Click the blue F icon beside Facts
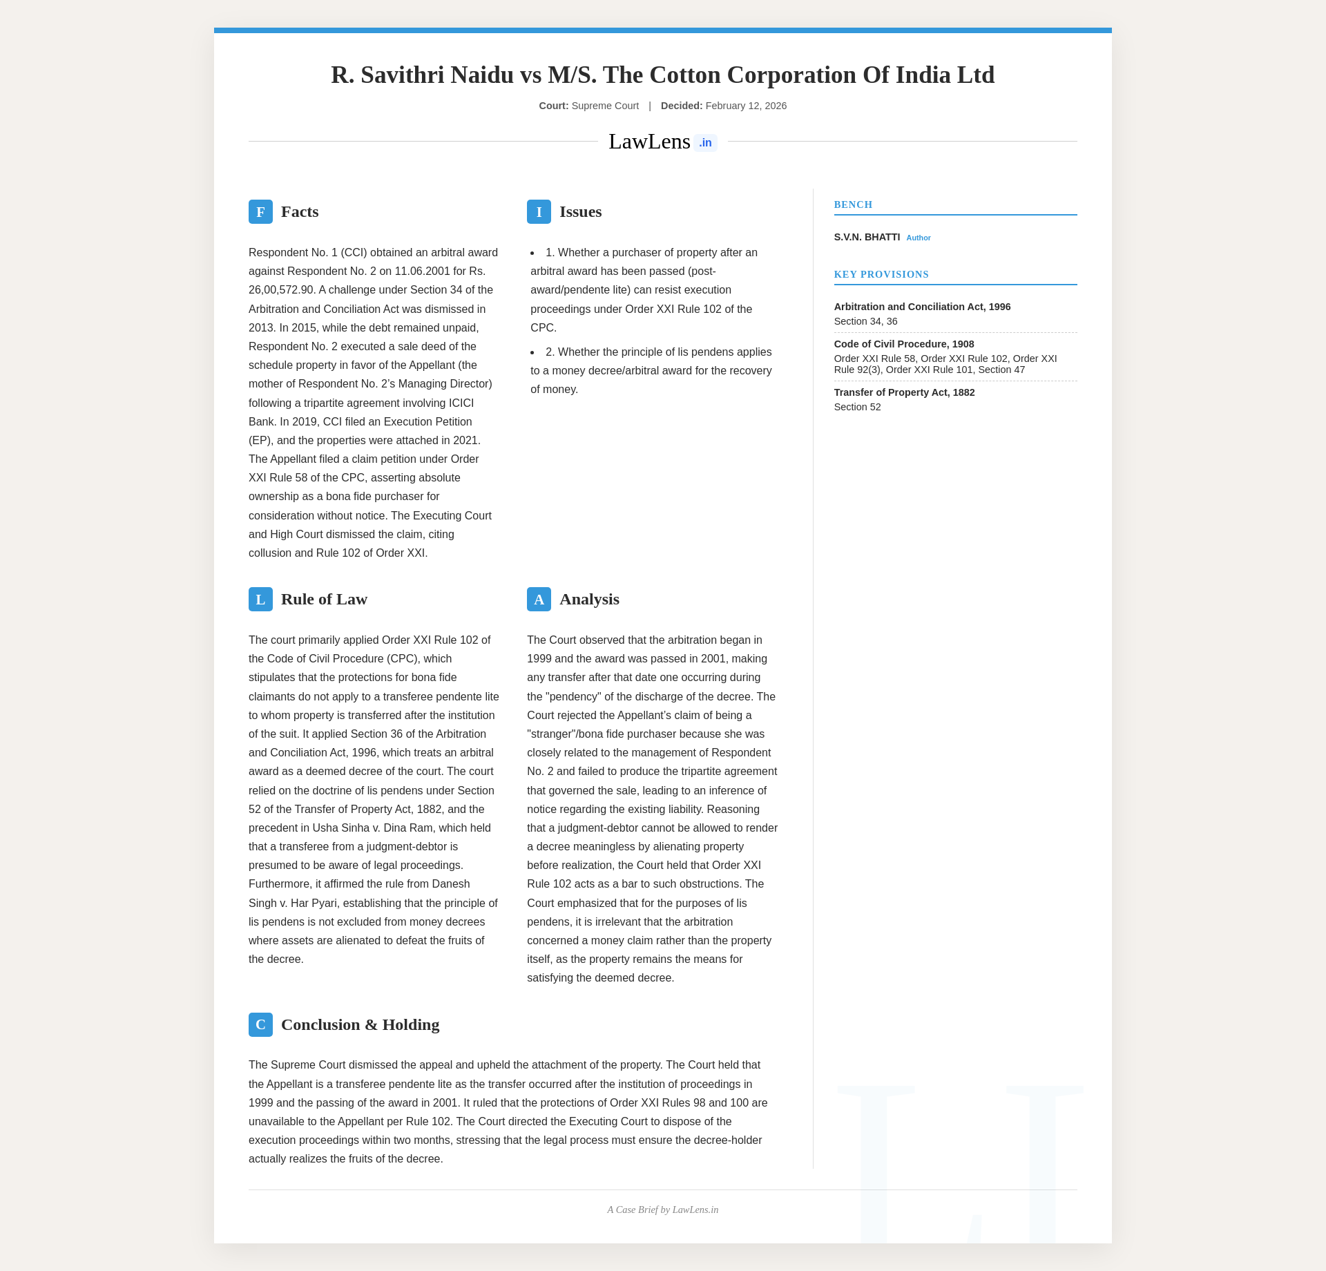[x=260, y=212]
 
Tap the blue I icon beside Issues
[x=539, y=212]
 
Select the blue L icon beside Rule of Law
[x=260, y=600]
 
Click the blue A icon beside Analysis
[x=539, y=600]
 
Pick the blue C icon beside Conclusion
[x=260, y=1025]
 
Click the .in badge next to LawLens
[x=705, y=143]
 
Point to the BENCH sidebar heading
[x=853, y=205]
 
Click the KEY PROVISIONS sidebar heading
[x=881, y=275]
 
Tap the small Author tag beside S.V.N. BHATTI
[x=919, y=238]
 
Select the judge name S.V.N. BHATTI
[x=867, y=238]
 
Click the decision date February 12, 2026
[x=746, y=106]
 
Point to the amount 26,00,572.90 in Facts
[x=280, y=290]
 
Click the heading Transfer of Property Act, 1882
[x=904, y=393]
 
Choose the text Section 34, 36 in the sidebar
[x=865, y=322]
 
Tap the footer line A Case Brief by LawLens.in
[x=662, y=1210]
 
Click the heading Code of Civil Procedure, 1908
[x=903, y=345]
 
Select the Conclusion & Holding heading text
[x=360, y=1025]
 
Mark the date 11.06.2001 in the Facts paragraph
[x=421, y=271]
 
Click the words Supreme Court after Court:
[x=605, y=106]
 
